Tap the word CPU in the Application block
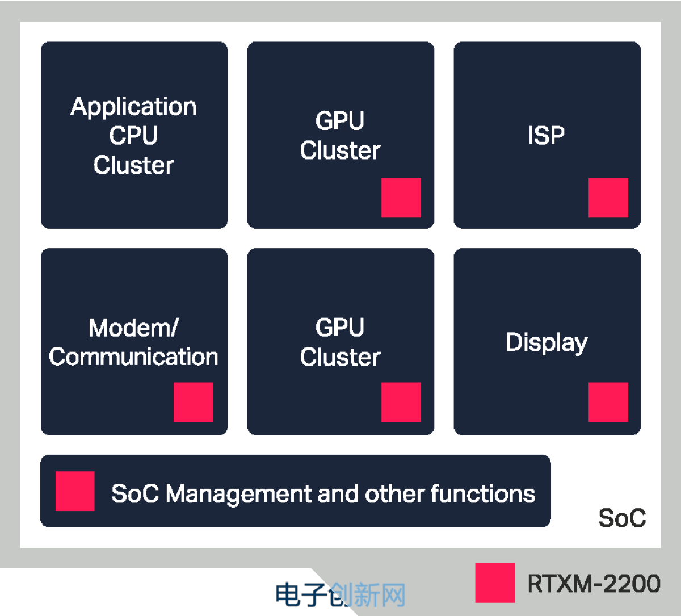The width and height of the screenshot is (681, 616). [x=133, y=136]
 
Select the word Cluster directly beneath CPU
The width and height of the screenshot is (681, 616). [x=133, y=165]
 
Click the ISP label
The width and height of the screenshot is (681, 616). [x=547, y=135]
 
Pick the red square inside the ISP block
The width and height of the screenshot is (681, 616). [x=608, y=198]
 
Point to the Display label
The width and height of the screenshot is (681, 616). [x=547, y=342]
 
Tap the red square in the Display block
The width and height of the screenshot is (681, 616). [x=608, y=402]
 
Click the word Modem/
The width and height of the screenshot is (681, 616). [x=133, y=328]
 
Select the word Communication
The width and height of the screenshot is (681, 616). [x=133, y=357]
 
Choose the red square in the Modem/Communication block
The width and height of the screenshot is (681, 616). [x=194, y=402]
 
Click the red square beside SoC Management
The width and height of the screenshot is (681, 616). [x=75, y=491]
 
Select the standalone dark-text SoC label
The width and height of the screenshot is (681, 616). [x=622, y=518]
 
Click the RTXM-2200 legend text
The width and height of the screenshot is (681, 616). [x=594, y=584]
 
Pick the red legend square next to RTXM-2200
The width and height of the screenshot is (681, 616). [x=495, y=583]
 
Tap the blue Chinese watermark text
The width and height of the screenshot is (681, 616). [x=340, y=595]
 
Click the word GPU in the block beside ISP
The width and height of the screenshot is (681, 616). [x=340, y=121]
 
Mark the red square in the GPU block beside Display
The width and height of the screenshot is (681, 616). [x=401, y=402]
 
